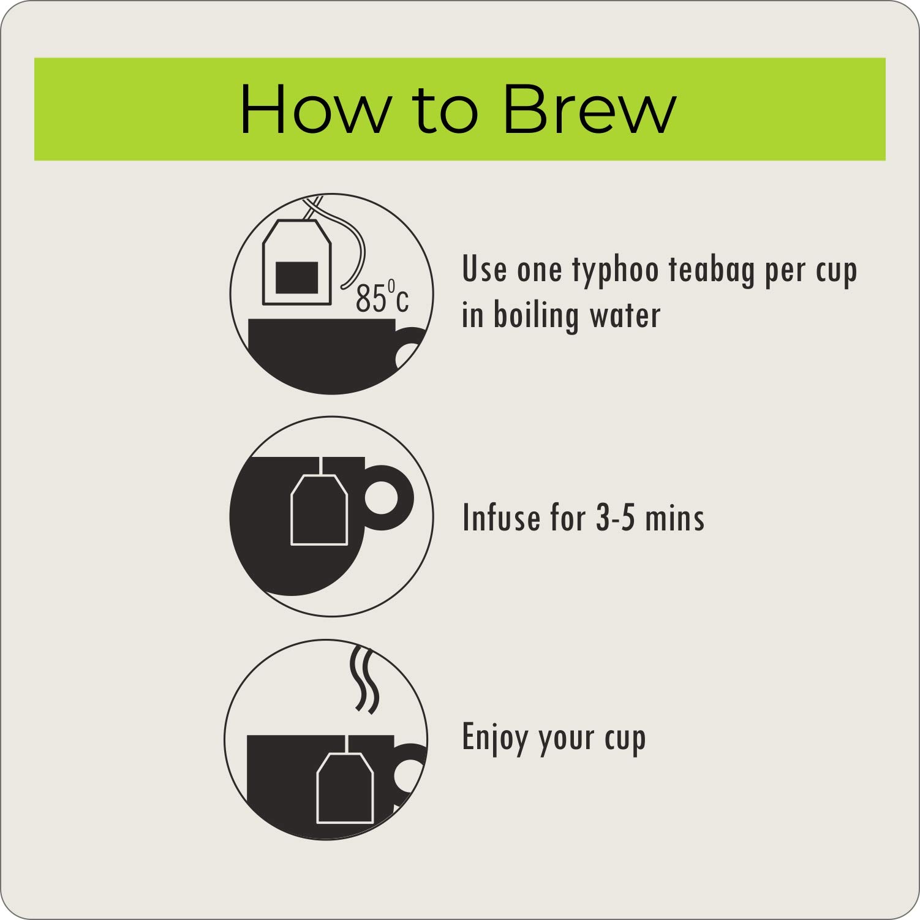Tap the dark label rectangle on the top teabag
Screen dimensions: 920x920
tap(297, 277)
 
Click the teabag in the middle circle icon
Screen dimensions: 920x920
tap(319, 509)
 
